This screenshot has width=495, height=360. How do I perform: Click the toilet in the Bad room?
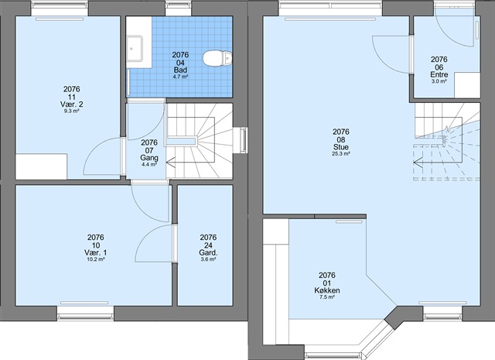(217, 59)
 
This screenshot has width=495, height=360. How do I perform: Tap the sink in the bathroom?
(135, 48)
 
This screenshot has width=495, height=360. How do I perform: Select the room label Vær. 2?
(71, 105)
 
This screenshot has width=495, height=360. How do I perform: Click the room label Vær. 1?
(96, 252)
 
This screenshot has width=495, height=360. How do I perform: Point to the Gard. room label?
(208, 252)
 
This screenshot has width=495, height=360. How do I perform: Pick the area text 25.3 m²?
(341, 154)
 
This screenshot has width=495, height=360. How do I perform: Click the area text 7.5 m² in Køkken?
(327, 297)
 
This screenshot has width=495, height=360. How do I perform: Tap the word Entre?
(439, 75)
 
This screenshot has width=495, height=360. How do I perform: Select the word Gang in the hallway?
(149, 158)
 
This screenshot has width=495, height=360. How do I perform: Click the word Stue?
(341, 147)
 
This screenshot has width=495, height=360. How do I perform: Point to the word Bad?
(180, 70)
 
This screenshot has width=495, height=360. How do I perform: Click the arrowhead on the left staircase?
(171, 163)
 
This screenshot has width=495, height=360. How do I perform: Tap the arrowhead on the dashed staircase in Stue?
(418, 163)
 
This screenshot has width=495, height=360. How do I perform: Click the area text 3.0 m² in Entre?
(439, 81)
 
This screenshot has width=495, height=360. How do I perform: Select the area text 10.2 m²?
(96, 259)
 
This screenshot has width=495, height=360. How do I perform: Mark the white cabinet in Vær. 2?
(41, 166)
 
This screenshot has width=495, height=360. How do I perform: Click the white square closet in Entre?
(467, 85)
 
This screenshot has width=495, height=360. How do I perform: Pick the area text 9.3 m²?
(71, 111)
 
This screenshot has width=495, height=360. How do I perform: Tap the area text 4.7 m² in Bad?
(180, 77)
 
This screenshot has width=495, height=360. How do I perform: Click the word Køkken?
(327, 290)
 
